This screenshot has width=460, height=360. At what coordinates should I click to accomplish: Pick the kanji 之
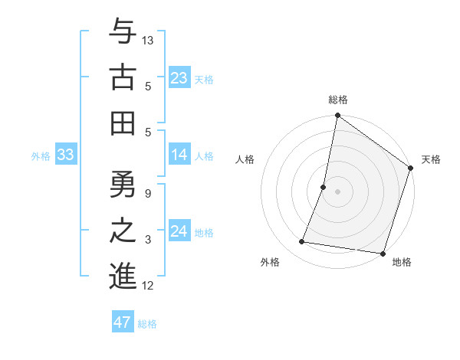(123, 230)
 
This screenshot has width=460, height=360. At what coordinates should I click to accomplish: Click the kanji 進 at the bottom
(123, 275)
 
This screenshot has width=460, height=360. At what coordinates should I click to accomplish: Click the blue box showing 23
(179, 77)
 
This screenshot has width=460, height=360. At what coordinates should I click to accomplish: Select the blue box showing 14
(179, 155)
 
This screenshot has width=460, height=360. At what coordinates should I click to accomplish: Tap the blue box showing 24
(179, 231)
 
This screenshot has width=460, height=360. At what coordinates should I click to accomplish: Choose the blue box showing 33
(65, 155)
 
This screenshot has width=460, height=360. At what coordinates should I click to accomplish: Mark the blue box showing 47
(122, 322)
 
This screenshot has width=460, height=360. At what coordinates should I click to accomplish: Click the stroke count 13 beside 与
(148, 40)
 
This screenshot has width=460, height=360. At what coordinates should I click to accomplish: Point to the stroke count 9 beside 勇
(148, 193)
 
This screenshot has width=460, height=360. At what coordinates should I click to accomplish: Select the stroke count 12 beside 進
(148, 286)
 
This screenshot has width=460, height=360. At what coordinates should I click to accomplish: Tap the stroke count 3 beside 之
(148, 240)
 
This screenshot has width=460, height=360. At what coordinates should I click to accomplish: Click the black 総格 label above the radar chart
(338, 100)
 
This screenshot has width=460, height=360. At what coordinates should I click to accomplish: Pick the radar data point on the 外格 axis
(302, 242)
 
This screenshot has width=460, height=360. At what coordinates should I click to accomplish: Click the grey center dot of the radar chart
(337, 191)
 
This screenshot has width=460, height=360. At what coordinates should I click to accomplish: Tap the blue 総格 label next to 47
(147, 324)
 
